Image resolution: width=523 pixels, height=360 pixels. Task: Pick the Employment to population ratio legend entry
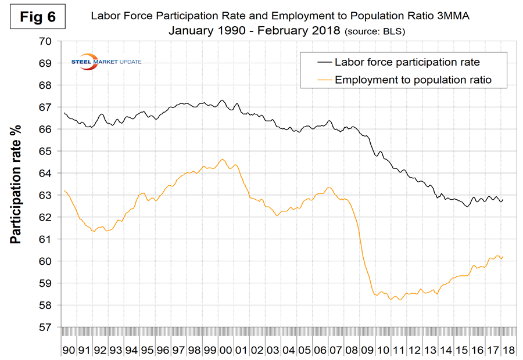[413, 80]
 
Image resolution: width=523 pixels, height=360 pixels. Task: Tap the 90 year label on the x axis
[69, 350]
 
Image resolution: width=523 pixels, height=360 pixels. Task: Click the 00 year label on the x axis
[223, 350]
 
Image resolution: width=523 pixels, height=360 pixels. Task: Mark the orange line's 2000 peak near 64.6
[223, 159]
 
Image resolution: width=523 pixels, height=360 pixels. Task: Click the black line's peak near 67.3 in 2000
[222, 100]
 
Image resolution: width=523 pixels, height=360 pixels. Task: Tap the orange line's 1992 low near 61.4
[94, 232]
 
